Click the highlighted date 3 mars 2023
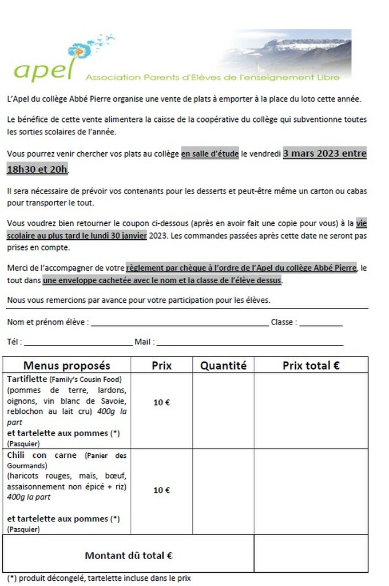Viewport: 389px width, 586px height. (325, 153)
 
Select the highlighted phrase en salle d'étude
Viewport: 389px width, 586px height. (210, 154)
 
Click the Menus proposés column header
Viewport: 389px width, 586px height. (67, 366)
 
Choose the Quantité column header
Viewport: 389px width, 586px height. (223, 366)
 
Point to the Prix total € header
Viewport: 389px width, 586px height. (311, 366)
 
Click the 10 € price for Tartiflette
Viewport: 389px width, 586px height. (161, 402)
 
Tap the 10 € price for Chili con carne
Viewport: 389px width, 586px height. (161, 490)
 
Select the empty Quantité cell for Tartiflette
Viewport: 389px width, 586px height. (223, 411)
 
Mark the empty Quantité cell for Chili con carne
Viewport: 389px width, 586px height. (223, 492)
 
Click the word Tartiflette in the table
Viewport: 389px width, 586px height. (27, 379)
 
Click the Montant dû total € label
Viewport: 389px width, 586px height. (129, 555)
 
